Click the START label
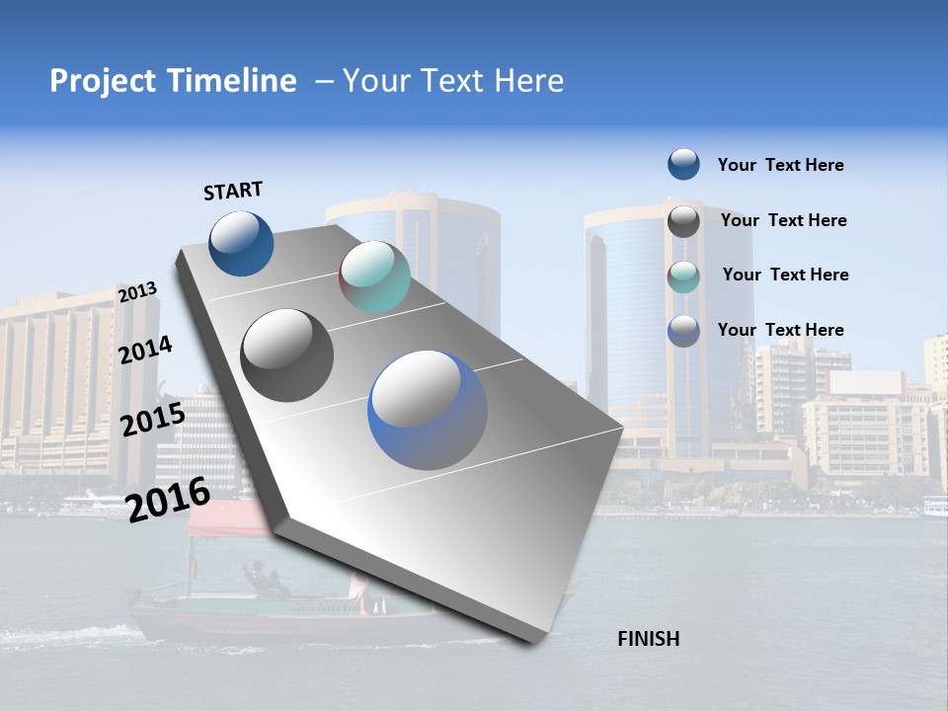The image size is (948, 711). point(233,191)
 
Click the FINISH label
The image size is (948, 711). point(648,639)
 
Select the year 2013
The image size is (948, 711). point(137,291)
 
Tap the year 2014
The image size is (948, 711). point(146,350)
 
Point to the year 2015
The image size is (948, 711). point(152,420)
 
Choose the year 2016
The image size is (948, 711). point(168,499)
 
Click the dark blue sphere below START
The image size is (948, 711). point(241,243)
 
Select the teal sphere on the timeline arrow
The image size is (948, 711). point(374,276)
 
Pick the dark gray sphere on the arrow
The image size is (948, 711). point(287,355)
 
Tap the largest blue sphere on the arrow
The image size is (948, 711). point(428,410)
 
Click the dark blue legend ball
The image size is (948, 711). point(683,164)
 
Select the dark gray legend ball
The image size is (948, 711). point(683,221)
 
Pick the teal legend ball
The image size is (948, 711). point(683,276)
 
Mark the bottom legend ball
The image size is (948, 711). point(683,331)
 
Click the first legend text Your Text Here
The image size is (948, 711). point(780,165)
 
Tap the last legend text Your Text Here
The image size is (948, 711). point(780,330)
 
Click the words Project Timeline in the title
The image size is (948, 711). point(173,81)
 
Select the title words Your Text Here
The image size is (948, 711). point(453,81)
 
